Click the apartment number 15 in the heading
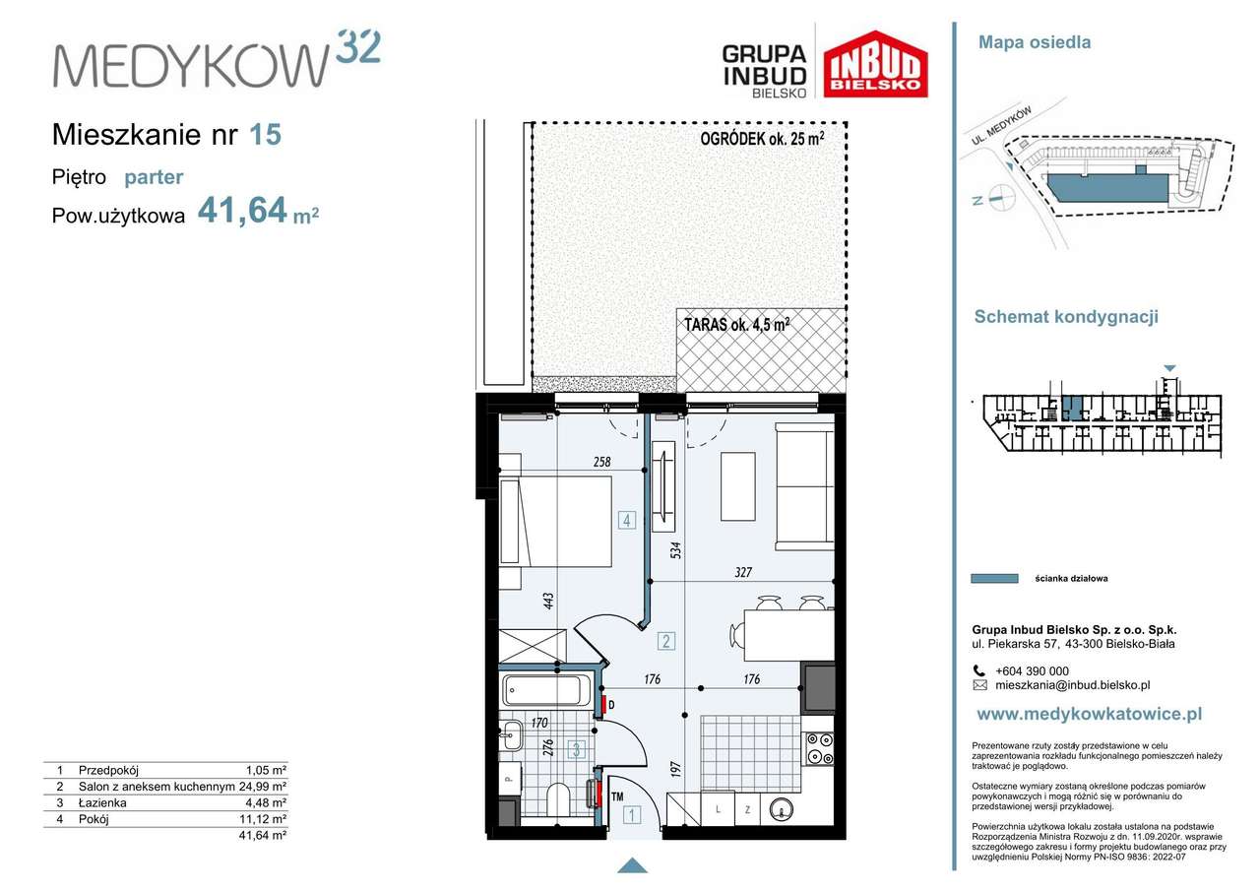(265, 135)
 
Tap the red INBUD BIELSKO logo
(875, 64)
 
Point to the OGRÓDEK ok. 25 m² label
(762, 139)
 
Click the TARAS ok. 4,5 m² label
(737, 325)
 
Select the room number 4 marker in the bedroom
(627, 520)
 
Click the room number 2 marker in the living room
(666, 641)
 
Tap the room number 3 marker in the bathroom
(577, 749)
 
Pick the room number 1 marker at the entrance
(632, 815)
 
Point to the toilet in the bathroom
(558, 798)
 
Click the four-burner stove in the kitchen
(820, 748)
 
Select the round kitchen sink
(782, 809)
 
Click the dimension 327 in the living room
(743, 572)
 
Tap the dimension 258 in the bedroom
(601, 462)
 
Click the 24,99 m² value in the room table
(263, 787)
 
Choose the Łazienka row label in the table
(102, 802)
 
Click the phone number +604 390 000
(1033, 670)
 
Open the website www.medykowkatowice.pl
(1090, 714)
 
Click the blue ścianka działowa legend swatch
(994, 578)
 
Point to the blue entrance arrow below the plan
(632, 866)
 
